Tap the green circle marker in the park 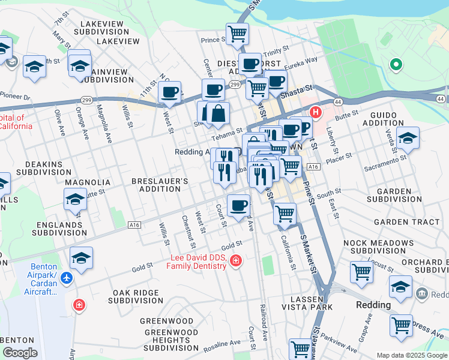396,65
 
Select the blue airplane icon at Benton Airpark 67,278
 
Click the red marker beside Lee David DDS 236,260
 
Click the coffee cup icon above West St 170,92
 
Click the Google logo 20,353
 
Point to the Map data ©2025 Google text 411,355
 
